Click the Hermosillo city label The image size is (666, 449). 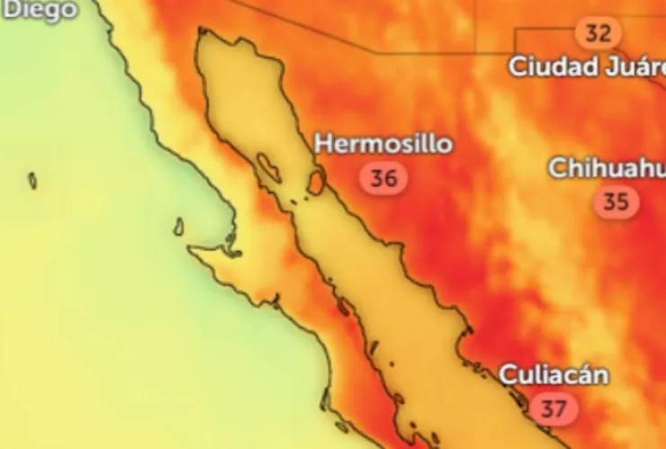(x=384, y=144)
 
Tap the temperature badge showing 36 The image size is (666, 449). (x=384, y=178)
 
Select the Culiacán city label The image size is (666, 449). (x=553, y=374)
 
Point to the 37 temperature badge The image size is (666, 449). (x=553, y=409)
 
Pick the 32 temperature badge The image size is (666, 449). (x=598, y=34)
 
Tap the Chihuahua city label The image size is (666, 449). (x=607, y=168)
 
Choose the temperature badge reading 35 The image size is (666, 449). (x=616, y=202)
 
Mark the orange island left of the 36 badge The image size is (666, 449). (x=317, y=181)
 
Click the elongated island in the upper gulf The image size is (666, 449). (x=268, y=166)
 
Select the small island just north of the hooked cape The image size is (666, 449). (x=179, y=226)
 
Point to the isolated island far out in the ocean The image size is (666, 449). (x=32, y=181)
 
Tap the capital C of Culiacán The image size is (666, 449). (x=508, y=375)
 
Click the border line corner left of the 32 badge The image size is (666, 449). (x=516, y=30)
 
